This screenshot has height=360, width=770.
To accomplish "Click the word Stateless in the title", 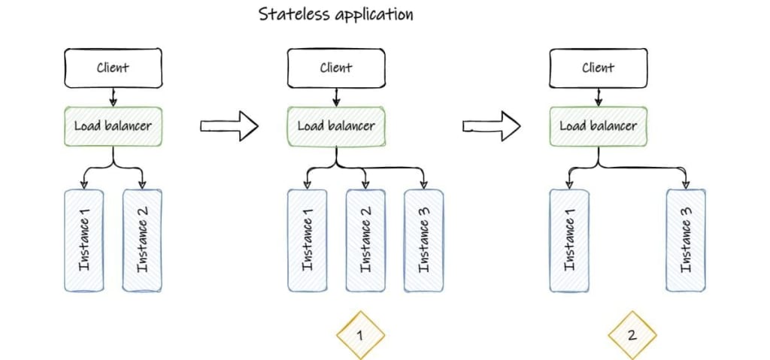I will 290,14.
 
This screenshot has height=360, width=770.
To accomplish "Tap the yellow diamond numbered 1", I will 359,333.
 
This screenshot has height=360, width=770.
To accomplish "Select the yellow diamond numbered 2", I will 632,333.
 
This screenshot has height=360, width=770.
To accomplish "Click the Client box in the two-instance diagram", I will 113,68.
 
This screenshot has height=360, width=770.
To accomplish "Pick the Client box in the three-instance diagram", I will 335,68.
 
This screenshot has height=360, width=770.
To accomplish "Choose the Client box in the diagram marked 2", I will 598,68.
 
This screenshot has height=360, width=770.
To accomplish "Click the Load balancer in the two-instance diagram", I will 113,126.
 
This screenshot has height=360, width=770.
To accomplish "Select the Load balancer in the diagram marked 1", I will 335,126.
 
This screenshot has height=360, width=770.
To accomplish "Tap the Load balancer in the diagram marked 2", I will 598,126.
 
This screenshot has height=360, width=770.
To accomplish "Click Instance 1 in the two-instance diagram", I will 83,241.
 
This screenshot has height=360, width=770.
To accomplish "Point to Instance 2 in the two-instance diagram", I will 142,241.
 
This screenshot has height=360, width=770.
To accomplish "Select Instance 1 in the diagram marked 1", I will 307,241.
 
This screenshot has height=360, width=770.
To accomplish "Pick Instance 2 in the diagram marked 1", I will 365,241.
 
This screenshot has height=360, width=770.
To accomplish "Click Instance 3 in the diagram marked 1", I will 423,241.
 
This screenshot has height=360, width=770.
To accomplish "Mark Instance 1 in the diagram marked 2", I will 569,241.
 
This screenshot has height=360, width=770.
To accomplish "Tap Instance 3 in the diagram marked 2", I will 686,241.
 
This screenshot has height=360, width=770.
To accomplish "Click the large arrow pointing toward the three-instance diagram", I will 229,126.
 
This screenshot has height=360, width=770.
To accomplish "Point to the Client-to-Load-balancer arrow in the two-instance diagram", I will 113,97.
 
